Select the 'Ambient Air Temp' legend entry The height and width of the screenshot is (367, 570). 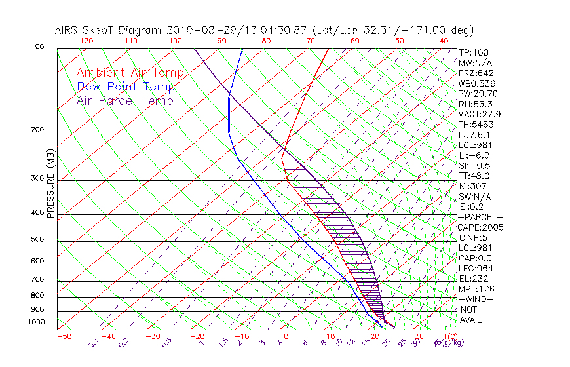click(130, 73)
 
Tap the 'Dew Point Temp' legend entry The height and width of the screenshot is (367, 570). click(126, 87)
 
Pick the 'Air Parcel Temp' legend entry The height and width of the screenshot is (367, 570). click(124, 100)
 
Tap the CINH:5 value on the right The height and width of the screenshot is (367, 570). click(474, 237)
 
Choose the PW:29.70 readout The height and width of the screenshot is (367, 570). click(478, 94)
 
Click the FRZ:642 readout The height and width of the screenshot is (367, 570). click(476, 73)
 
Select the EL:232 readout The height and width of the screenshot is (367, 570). click(474, 279)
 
